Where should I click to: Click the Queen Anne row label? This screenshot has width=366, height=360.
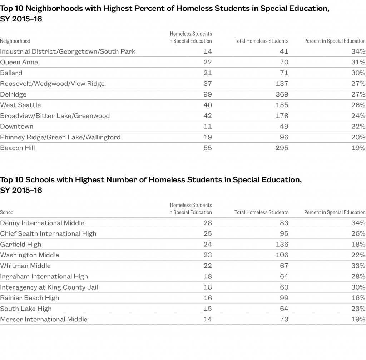pyautogui.click(x=19, y=62)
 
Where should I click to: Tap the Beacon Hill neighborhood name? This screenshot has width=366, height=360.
pyautogui.click(x=18, y=148)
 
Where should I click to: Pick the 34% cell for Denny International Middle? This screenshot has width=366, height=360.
pyautogui.click(x=358, y=223)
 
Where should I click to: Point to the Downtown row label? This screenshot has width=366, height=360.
pyautogui.click(x=17, y=127)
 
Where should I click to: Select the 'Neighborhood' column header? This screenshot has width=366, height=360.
pyautogui.click(x=15, y=41)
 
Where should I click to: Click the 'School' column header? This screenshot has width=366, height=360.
pyautogui.click(x=8, y=213)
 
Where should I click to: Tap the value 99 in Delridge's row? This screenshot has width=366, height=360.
pyautogui.click(x=207, y=94)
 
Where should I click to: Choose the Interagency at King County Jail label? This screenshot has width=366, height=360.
pyautogui.click(x=49, y=287)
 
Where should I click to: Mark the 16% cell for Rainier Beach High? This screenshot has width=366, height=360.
pyautogui.click(x=358, y=298)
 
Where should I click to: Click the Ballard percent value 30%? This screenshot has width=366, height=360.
pyautogui.click(x=358, y=73)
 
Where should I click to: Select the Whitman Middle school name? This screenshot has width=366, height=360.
pyautogui.click(x=25, y=266)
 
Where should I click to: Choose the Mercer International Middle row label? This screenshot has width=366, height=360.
pyautogui.click(x=44, y=320)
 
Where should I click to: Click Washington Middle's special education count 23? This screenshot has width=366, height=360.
pyautogui.click(x=207, y=255)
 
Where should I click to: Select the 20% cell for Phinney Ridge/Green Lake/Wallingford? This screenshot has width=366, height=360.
pyautogui.click(x=358, y=137)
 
